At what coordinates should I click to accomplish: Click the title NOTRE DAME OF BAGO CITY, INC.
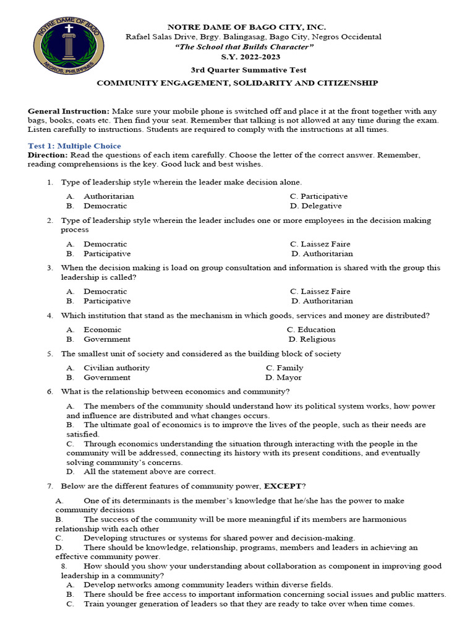(247, 27)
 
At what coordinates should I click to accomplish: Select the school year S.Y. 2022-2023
(247, 57)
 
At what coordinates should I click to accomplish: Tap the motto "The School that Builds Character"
(247, 47)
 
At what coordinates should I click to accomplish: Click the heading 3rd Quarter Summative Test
(247, 70)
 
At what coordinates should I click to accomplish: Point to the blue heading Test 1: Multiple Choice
(74, 145)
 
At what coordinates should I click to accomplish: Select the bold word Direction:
(48, 155)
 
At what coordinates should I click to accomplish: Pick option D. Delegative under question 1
(315, 206)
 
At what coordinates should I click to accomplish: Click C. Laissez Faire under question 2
(320, 244)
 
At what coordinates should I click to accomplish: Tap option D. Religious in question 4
(312, 339)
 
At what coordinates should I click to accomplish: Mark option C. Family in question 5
(285, 368)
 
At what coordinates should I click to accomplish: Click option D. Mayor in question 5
(283, 377)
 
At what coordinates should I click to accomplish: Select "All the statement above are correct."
(149, 471)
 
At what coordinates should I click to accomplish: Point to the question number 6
(49, 392)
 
